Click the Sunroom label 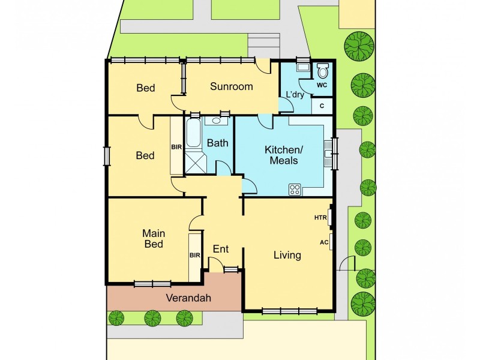point(231,86)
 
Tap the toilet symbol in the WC point(322,72)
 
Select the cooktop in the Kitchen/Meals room point(295,189)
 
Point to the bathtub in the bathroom point(193,133)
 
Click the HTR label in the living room point(320,218)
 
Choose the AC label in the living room point(323,242)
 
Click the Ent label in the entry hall point(221,249)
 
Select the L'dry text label point(295,95)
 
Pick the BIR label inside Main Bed point(194,255)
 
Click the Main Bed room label point(154,238)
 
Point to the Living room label point(287,255)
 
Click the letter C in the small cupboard point(322,106)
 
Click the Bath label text point(217,143)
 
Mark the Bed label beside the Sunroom point(145,88)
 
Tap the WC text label point(322,85)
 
